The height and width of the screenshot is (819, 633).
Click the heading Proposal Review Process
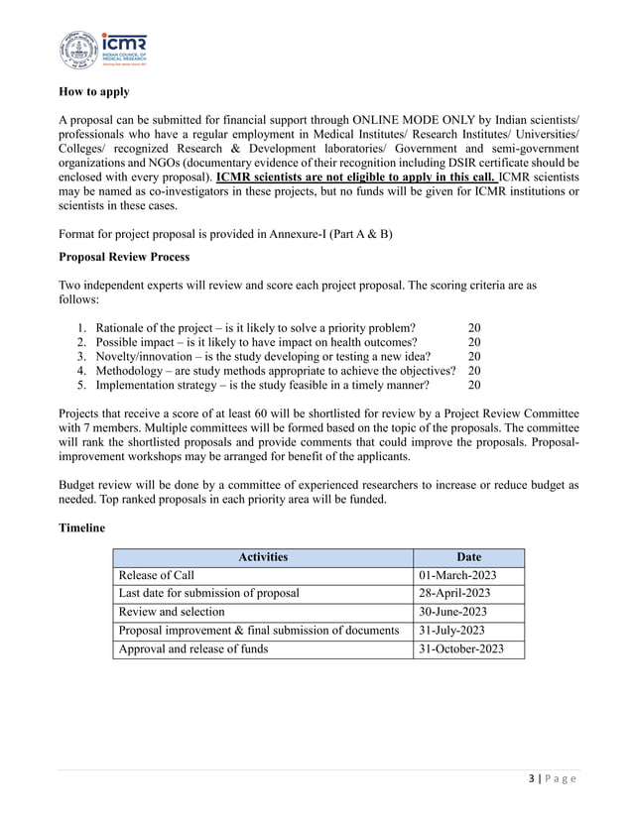[x=125, y=257]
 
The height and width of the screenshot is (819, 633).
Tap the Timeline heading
[x=82, y=528]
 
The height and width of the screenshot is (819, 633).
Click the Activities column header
[x=262, y=557]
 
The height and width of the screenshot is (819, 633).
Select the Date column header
[x=467, y=557]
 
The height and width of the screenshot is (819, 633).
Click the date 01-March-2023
[x=460, y=575]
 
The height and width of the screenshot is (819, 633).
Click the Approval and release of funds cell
[x=192, y=649]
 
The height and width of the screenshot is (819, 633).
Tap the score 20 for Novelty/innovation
[x=474, y=357]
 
